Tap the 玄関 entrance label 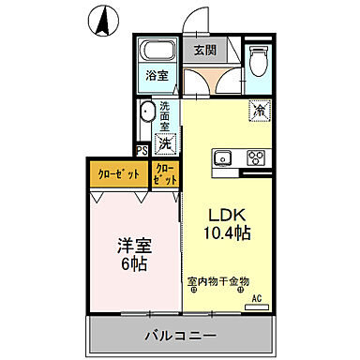tap(205, 51)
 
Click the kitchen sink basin tap(225, 157)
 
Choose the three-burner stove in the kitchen tap(256, 157)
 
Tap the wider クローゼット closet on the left tap(120, 174)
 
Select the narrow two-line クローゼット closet tap(164, 174)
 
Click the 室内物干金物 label tap(217, 280)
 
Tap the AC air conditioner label tap(254, 299)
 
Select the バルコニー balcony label tap(180, 335)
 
